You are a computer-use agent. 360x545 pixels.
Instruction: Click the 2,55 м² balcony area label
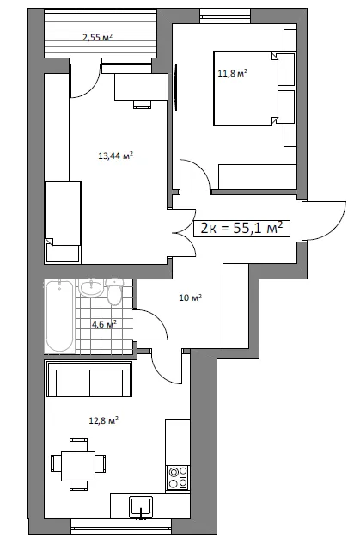point(98,37)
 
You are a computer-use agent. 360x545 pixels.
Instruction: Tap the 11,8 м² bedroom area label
point(233,73)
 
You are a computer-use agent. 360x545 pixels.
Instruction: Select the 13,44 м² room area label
point(116,156)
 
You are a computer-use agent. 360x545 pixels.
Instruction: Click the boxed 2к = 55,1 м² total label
point(241,229)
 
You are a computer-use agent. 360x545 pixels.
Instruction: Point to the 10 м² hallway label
point(191,298)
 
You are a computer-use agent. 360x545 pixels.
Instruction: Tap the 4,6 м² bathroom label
point(104,324)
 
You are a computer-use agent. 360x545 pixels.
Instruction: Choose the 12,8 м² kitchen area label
point(104,420)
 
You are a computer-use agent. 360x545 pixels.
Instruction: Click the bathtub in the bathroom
point(59,316)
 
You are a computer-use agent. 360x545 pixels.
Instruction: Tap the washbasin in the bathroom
point(91,288)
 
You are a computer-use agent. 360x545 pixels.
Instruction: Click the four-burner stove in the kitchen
point(178,478)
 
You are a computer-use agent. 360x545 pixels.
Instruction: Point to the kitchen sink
point(141,507)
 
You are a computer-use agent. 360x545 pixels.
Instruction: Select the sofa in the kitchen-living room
point(89,380)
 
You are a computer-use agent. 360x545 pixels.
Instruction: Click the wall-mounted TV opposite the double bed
point(176,87)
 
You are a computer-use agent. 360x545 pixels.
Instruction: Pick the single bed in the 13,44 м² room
point(63,222)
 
